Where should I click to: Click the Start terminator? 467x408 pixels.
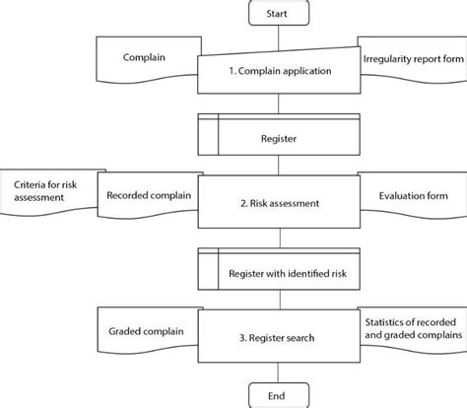click(x=277, y=15)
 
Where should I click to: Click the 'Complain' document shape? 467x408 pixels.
click(x=145, y=58)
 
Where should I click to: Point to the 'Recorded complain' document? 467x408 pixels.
click(x=148, y=196)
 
